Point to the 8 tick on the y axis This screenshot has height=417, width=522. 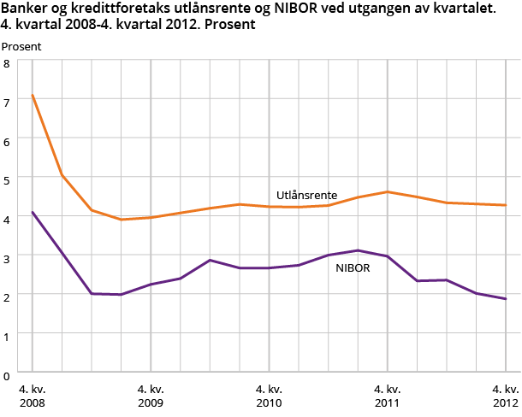(x=6, y=64)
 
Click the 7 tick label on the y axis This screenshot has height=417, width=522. (x=6, y=103)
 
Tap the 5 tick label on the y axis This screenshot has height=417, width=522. (x=6, y=180)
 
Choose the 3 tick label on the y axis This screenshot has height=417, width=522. (x=6, y=258)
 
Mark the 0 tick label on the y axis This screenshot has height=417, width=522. (x=6, y=374)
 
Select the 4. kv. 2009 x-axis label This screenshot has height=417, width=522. (x=151, y=395)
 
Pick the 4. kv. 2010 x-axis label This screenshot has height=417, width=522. (x=269, y=395)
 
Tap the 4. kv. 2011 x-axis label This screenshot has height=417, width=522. (x=388, y=395)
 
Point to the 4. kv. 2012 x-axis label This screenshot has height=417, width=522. (x=505, y=395)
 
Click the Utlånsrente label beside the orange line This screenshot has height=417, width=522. (x=306, y=195)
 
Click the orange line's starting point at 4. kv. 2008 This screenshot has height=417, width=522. (x=33, y=95)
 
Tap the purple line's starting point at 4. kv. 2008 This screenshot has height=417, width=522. (x=33, y=212)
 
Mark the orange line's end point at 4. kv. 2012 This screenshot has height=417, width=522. (x=506, y=205)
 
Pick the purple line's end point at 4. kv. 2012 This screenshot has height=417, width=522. (x=506, y=299)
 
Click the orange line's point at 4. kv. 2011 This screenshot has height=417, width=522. (x=388, y=191)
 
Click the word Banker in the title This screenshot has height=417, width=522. (x=23, y=9)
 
